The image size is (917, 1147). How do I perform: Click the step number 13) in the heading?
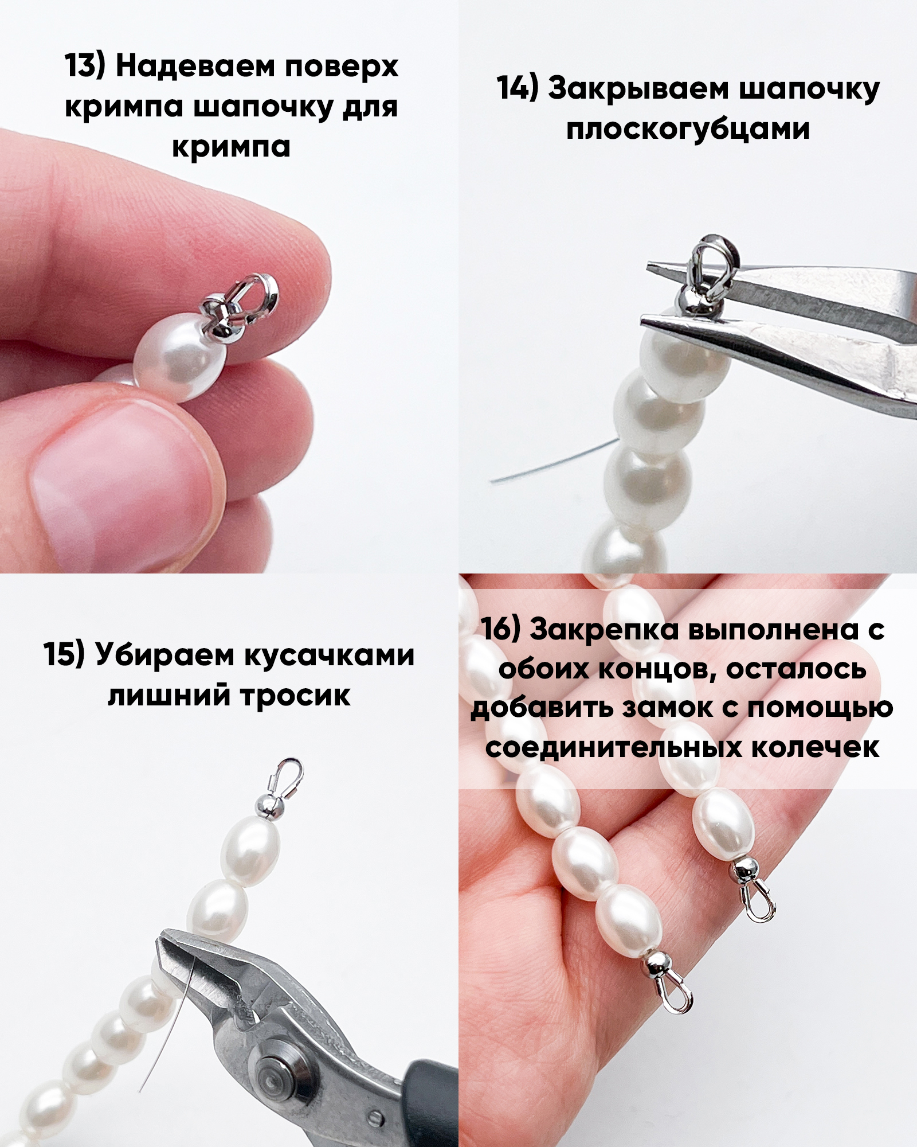(86, 66)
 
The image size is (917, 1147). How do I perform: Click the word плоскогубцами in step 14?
(688, 130)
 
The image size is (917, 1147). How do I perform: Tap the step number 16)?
(500, 629)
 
